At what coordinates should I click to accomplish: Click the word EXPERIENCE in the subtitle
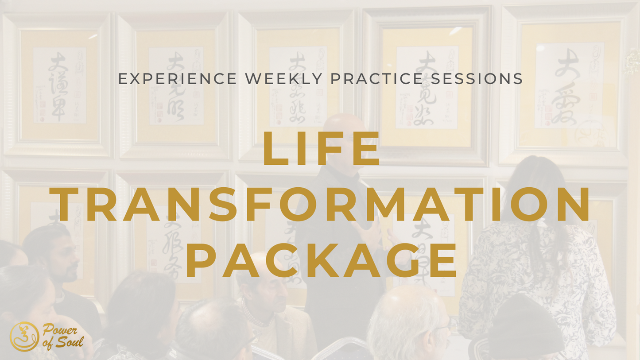[x=178, y=79]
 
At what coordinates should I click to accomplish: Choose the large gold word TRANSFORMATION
[x=321, y=204]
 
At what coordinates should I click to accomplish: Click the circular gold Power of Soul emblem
[x=24, y=337]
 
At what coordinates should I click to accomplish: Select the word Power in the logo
[x=60, y=330]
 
